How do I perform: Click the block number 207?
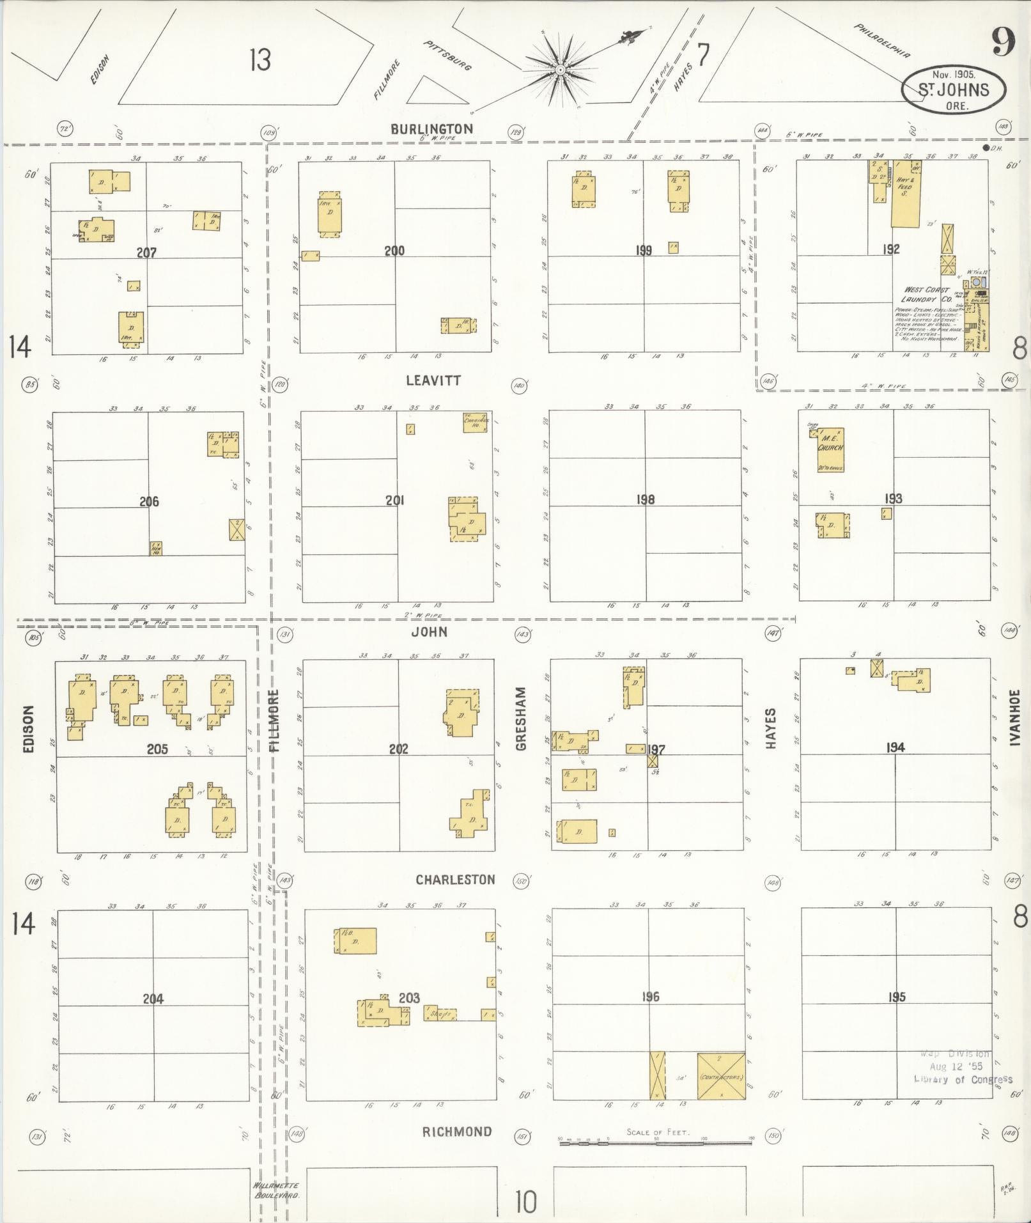coord(146,253)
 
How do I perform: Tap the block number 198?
coord(645,499)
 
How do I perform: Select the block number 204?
coord(153,998)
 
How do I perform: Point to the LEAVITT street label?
coord(433,380)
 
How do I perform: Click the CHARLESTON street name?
coord(455,880)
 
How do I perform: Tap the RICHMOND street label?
coord(456,1132)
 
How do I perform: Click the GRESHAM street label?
coord(521,719)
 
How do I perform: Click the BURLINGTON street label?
coord(432,129)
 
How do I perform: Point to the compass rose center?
coord(559,69)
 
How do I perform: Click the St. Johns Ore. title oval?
coord(953,90)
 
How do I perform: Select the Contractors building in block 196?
coord(721,1076)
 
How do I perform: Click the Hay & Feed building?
coord(906,193)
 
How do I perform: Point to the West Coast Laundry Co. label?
coord(926,294)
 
